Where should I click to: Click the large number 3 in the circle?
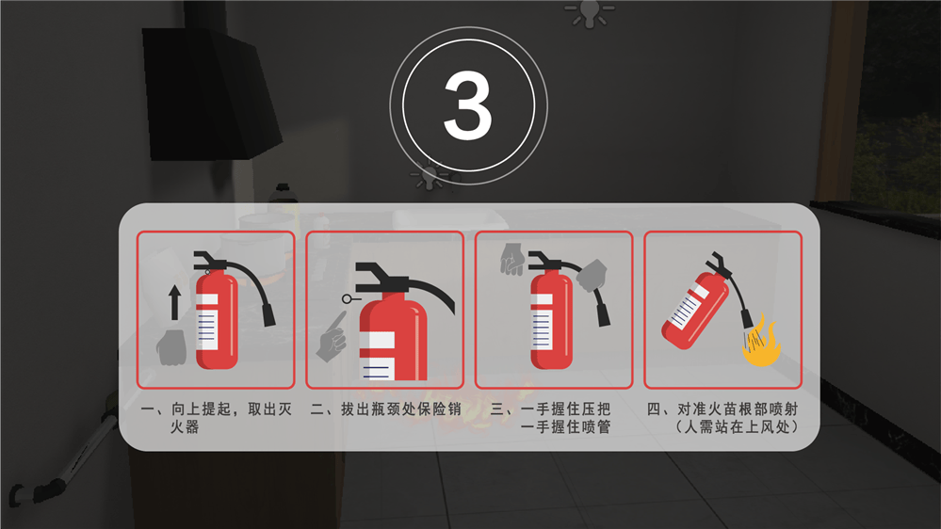[x=468, y=105]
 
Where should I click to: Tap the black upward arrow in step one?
[x=174, y=302]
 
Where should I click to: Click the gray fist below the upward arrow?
[x=171, y=347]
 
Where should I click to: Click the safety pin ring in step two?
[x=347, y=298]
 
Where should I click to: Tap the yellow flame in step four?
[x=762, y=342]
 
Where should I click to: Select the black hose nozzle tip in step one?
[x=268, y=315]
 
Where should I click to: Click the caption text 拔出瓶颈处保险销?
[x=401, y=409]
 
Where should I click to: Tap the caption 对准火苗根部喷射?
[x=738, y=409]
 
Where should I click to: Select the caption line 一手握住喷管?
[x=565, y=427]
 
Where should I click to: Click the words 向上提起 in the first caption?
[x=201, y=409]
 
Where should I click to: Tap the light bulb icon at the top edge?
[x=590, y=13]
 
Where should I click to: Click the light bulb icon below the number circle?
[x=430, y=175]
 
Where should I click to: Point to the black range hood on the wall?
[x=211, y=93]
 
